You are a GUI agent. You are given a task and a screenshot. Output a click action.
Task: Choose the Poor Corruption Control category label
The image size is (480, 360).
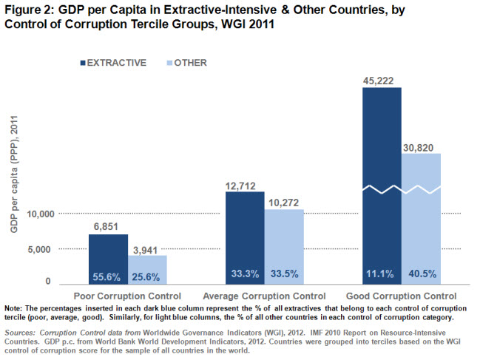[x=128, y=296]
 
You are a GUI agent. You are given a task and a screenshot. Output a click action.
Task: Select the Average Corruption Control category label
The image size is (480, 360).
[x=265, y=296]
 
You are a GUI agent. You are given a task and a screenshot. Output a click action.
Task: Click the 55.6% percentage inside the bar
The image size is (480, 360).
[x=108, y=277]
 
